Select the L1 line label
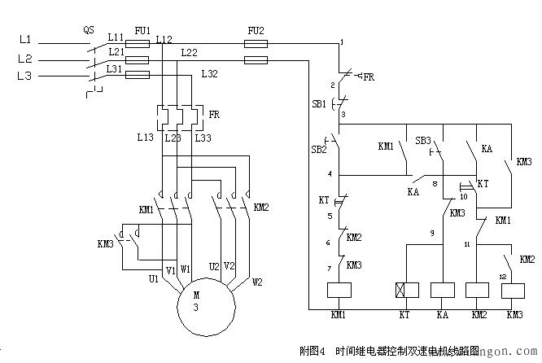24,39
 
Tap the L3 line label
24,76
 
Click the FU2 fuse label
256,30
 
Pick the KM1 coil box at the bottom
337,291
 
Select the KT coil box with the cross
404,291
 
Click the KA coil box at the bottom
442,291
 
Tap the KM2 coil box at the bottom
476,291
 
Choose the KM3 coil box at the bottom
513,291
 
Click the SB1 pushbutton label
319,104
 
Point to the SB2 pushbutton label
318,150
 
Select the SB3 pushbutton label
423,140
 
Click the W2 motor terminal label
257,282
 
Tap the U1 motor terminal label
153,279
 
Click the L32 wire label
210,74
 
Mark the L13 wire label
145,138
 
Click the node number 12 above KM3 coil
502,277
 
